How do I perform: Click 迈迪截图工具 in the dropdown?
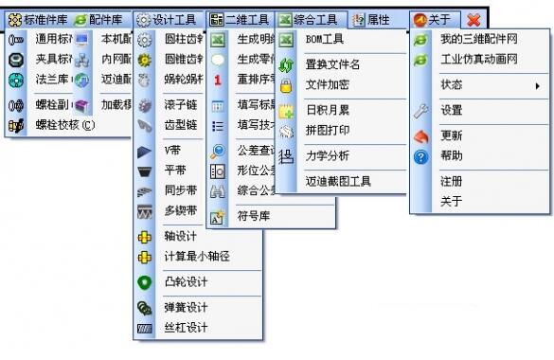(x=337, y=180)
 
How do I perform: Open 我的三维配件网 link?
(x=477, y=40)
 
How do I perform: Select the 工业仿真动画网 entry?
(x=478, y=60)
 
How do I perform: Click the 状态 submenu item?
(x=452, y=85)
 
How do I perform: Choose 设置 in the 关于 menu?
(x=452, y=110)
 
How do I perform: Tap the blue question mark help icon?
(x=422, y=156)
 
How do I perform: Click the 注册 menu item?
(x=452, y=180)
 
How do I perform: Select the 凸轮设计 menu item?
(x=186, y=281)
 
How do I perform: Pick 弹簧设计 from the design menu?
(x=186, y=307)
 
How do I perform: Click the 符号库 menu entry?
(x=253, y=216)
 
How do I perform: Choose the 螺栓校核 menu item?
(x=65, y=124)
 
